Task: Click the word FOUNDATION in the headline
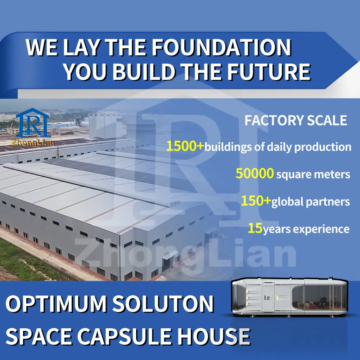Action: (220, 48)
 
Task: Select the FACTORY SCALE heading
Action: (296, 121)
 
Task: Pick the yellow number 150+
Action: (256, 201)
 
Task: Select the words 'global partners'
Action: (310, 202)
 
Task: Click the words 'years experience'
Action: (306, 229)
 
